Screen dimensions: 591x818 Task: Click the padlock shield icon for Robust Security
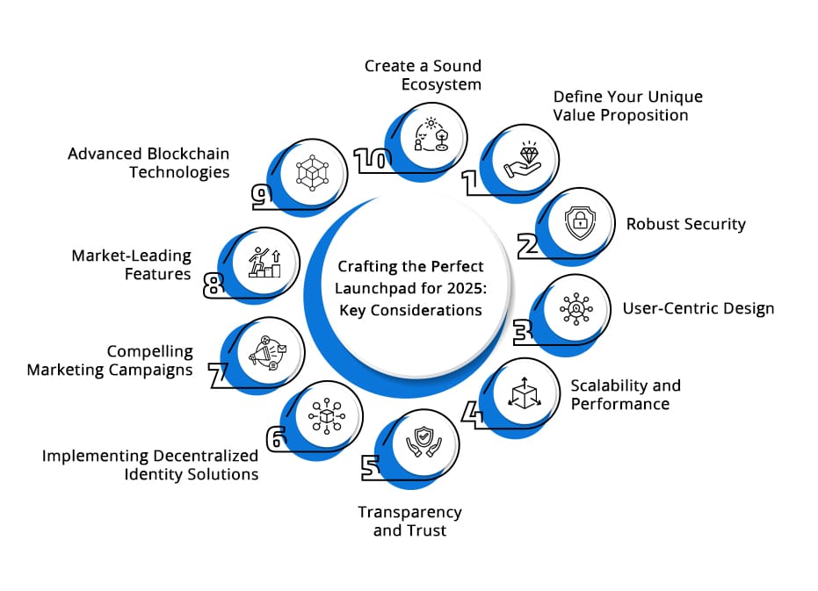coord(580,223)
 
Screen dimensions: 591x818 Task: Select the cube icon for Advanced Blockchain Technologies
coord(311,171)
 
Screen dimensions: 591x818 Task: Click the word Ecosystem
coord(442,84)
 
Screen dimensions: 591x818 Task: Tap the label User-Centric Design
coord(699,308)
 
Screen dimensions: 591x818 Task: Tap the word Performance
coord(620,404)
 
